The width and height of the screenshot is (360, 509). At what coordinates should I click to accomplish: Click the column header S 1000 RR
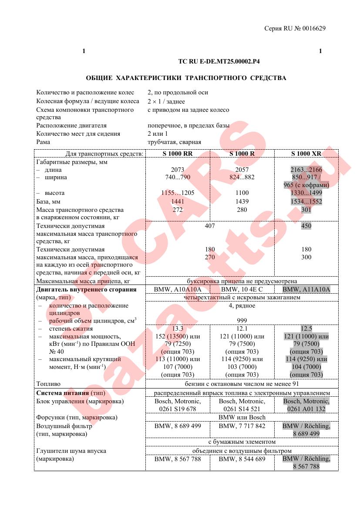[178, 154]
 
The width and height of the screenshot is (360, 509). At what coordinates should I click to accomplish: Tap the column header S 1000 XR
[306, 154]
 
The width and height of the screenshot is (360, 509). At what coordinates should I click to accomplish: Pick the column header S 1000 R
[242, 154]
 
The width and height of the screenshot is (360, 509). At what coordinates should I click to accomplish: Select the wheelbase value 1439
[242, 201]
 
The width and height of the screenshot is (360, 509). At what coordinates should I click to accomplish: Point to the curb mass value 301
[306, 210]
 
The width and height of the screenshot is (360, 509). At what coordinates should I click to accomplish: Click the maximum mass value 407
[210, 226]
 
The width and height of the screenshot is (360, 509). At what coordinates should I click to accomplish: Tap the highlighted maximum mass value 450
[306, 226]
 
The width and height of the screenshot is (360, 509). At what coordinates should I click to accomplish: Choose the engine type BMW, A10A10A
[178, 289]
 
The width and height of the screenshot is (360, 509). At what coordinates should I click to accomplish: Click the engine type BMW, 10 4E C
[242, 289]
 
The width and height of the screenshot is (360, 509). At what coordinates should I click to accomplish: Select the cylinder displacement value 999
[242, 321]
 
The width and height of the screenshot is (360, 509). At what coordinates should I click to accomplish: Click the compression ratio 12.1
[242, 329]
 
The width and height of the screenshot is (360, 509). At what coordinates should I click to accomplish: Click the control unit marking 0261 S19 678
[178, 409]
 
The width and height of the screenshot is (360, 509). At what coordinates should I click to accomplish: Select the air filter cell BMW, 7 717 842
[242, 426]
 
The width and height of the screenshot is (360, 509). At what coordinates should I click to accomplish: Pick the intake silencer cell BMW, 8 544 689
[242, 459]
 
